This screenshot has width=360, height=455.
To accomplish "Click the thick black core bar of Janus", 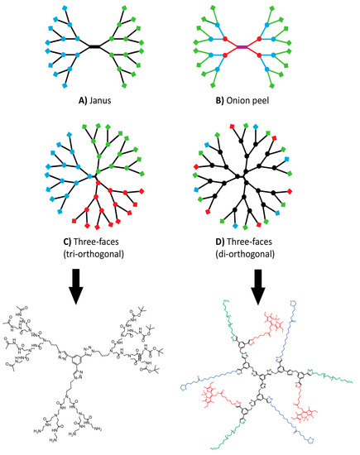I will (x=96, y=47).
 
